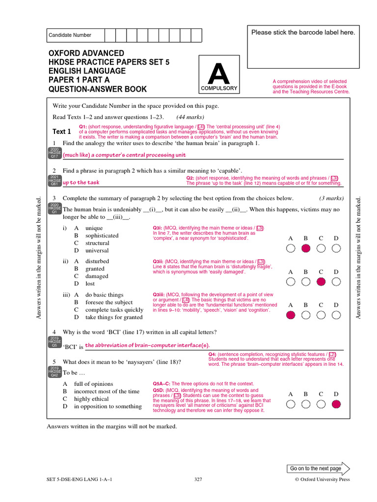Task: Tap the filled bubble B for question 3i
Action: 306,249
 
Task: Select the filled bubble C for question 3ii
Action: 321,281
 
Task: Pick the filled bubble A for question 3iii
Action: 291,315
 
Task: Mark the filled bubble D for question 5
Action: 336,404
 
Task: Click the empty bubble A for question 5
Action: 291,404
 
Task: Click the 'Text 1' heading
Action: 62,131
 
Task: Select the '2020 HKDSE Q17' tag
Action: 54,154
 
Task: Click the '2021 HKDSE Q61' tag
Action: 54,181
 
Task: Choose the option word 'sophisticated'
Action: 102,236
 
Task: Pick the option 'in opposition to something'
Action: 108,406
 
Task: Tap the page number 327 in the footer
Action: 198,479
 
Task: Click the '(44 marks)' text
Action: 190,117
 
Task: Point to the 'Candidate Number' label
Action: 70,35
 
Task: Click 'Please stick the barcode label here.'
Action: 303,32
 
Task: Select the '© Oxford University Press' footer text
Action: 322,479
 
